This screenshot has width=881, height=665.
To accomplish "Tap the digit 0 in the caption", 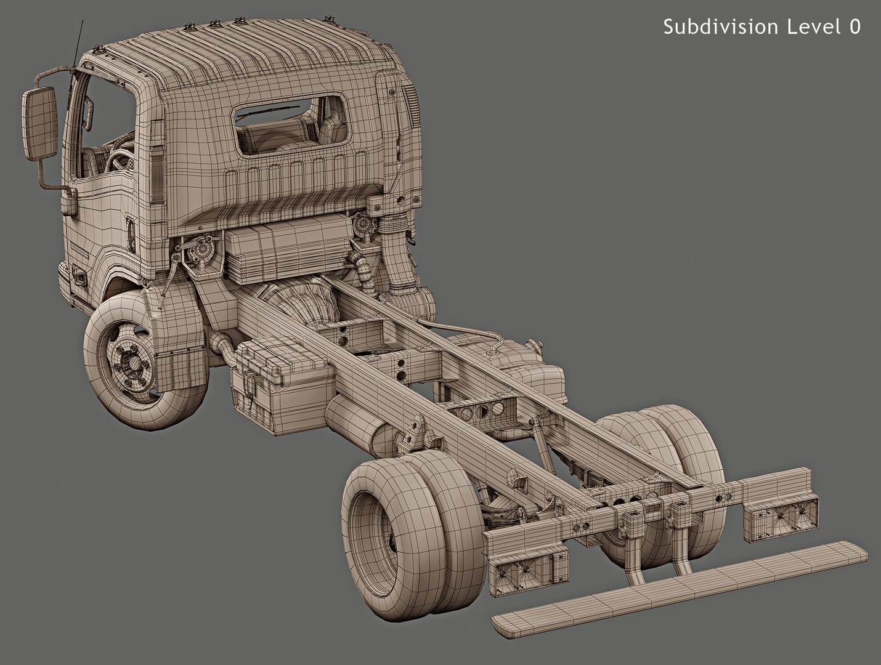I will click(855, 26).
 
